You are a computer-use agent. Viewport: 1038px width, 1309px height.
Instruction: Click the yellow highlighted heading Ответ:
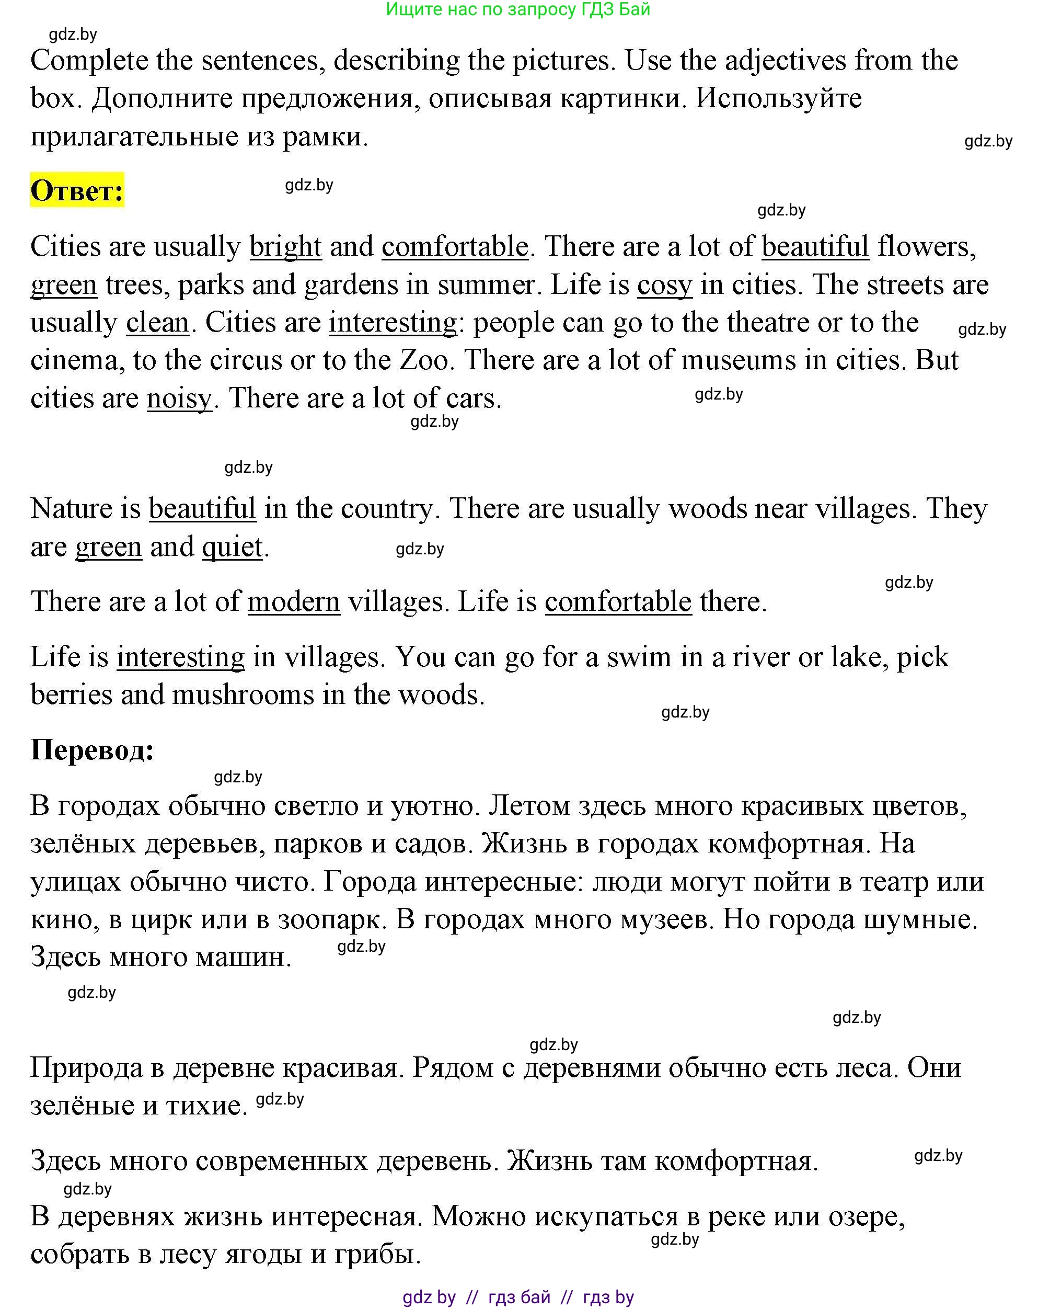[77, 191]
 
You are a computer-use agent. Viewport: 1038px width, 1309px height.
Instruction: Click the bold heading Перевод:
[92, 750]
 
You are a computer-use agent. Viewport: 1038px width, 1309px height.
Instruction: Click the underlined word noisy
[180, 399]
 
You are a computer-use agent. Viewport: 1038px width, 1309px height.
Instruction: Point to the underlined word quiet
[233, 547]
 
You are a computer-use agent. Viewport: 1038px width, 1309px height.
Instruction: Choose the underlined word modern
[294, 601]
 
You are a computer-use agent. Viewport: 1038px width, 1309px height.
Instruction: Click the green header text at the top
[517, 9]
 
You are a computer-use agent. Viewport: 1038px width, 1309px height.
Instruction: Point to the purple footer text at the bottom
[518, 1297]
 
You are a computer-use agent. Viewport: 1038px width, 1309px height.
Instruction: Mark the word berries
[72, 695]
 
